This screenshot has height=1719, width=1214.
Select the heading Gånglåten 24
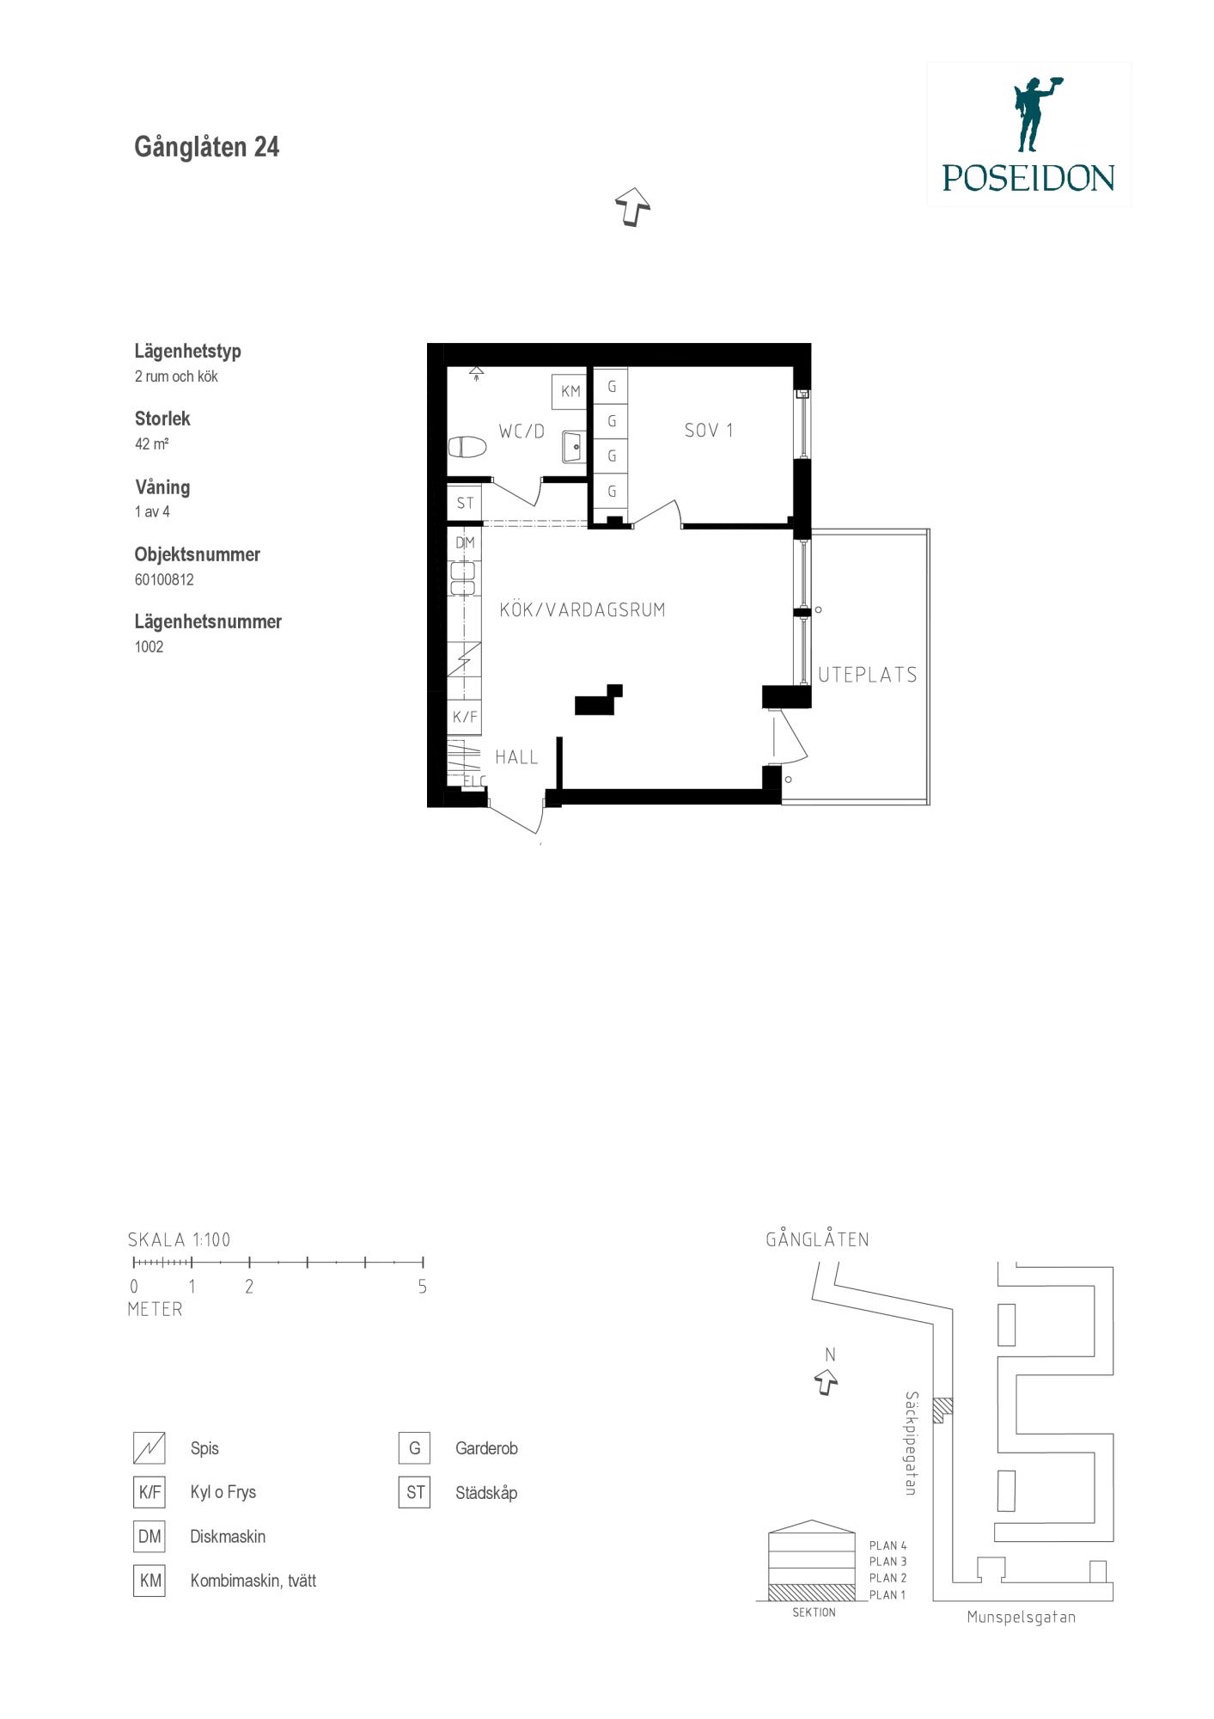click(207, 147)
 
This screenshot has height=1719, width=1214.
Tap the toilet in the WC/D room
click(467, 448)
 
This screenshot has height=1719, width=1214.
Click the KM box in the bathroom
click(570, 392)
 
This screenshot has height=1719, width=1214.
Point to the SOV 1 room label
click(709, 430)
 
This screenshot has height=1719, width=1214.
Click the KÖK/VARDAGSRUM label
click(583, 610)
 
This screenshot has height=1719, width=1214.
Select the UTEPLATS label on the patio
click(868, 675)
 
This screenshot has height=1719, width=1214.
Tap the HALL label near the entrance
click(516, 757)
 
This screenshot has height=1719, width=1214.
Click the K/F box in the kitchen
click(465, 717)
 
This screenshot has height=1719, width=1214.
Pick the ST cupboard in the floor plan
click(465, 503)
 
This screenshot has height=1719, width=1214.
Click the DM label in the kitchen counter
click(465, 542)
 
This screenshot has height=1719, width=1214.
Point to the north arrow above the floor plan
click(632, 207)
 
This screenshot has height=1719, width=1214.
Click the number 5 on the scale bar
click(422, 1288)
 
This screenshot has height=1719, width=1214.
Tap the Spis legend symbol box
click(149, 1448)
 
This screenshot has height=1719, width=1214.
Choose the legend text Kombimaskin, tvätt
click(253, 1581)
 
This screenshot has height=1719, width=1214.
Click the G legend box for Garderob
click(414, 1448)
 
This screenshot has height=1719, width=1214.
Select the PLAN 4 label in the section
click(888, 1545)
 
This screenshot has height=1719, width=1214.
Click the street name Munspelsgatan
click(1021, 1617)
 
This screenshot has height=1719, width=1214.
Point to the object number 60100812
click(164, 579)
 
